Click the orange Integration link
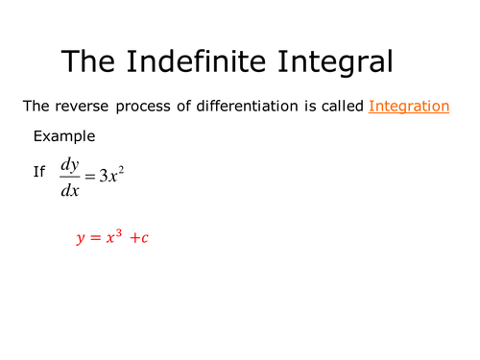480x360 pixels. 408,107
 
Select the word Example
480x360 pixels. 63,136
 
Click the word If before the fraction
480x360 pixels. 39,172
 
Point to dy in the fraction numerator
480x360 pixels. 69,163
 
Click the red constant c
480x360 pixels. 144,239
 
